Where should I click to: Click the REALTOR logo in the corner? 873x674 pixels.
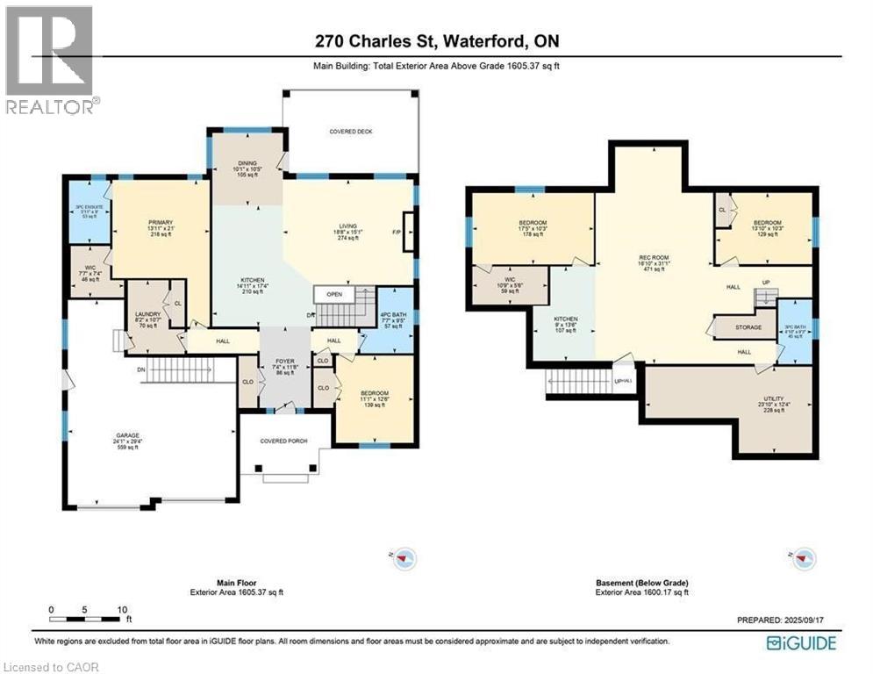pos(50,60)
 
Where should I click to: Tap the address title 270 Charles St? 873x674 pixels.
pos(436,40)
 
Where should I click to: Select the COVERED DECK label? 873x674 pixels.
pos(351,132)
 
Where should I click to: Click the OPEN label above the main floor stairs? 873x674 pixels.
pos(334,295)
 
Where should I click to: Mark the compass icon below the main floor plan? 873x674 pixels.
pos(404,557)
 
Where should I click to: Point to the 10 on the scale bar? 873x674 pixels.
pos(123,609)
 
